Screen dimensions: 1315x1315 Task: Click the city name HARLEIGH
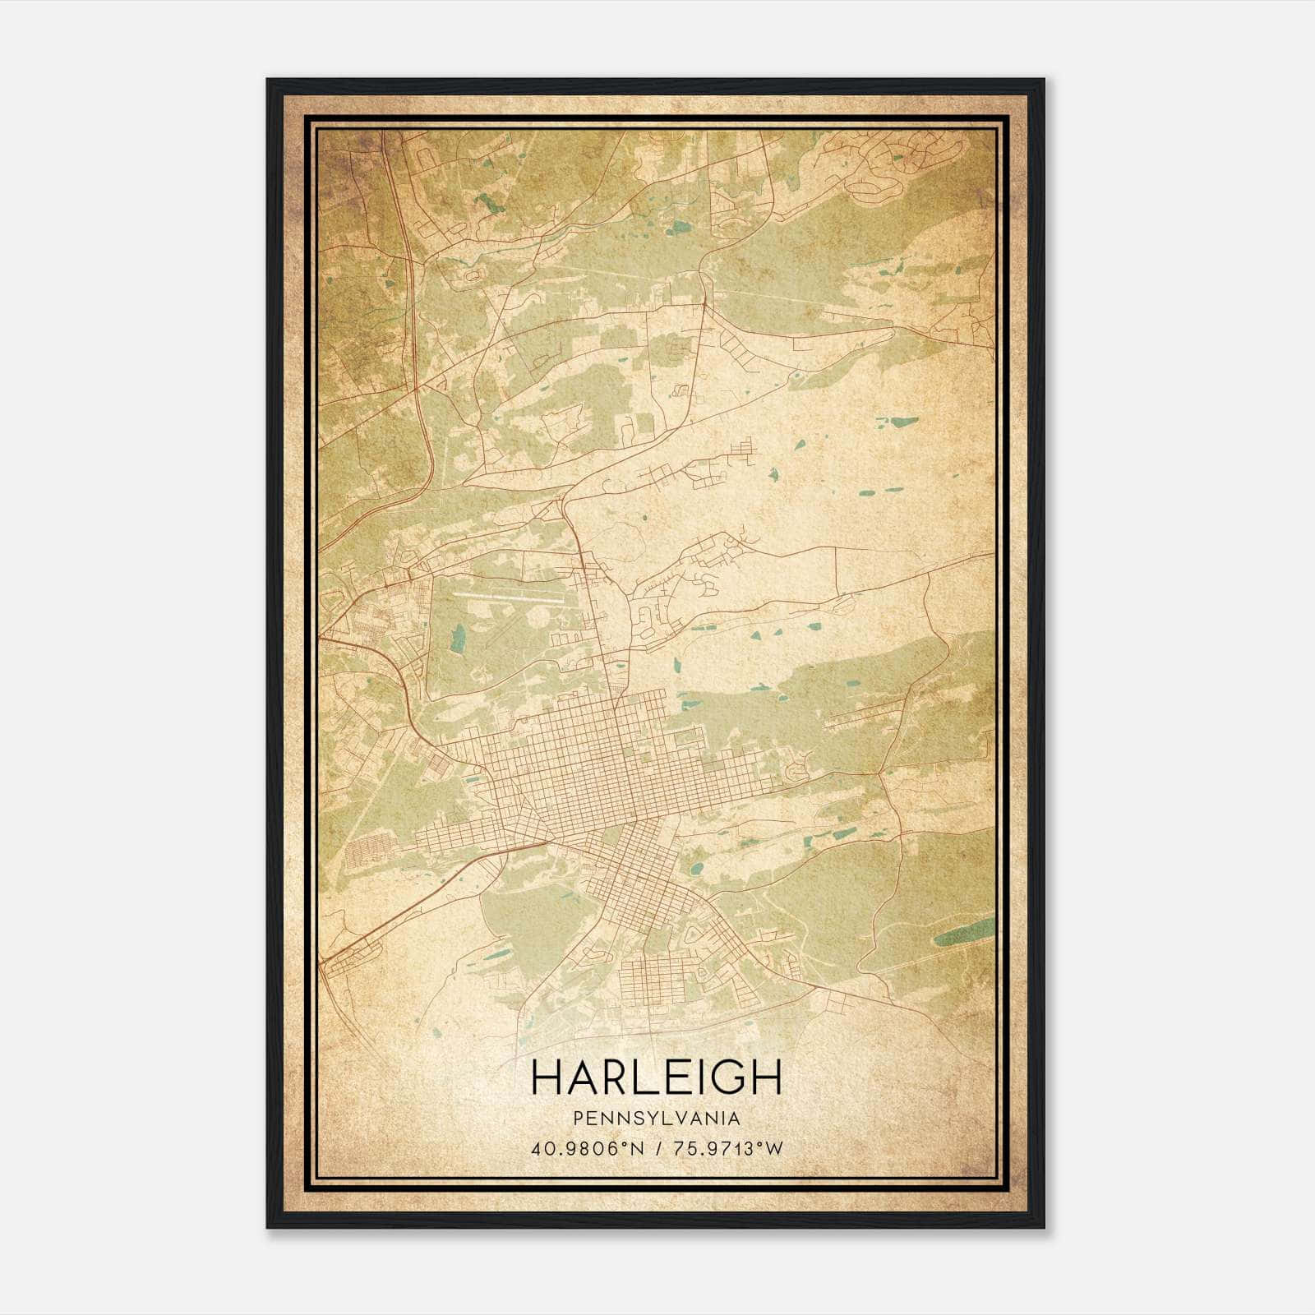(656, 1077)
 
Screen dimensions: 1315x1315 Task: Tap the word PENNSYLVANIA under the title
(657, 1118)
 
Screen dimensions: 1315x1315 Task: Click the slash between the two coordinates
(658, 1148)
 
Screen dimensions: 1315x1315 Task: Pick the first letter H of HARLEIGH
(547, 1077)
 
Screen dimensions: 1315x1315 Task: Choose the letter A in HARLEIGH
(582, 1077)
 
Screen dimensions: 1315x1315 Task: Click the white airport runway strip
(507, 596)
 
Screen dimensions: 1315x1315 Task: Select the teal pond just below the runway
(458, 638)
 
